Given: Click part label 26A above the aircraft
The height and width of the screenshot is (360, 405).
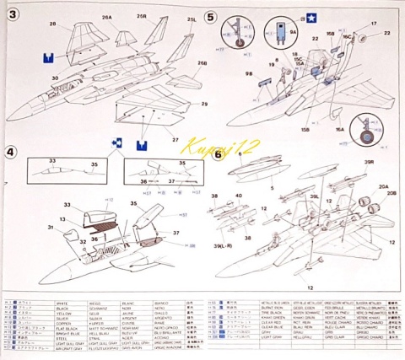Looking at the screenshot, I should click(x=107, y=17).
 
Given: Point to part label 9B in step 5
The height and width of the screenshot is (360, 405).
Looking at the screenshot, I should click(x=251, y=75).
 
